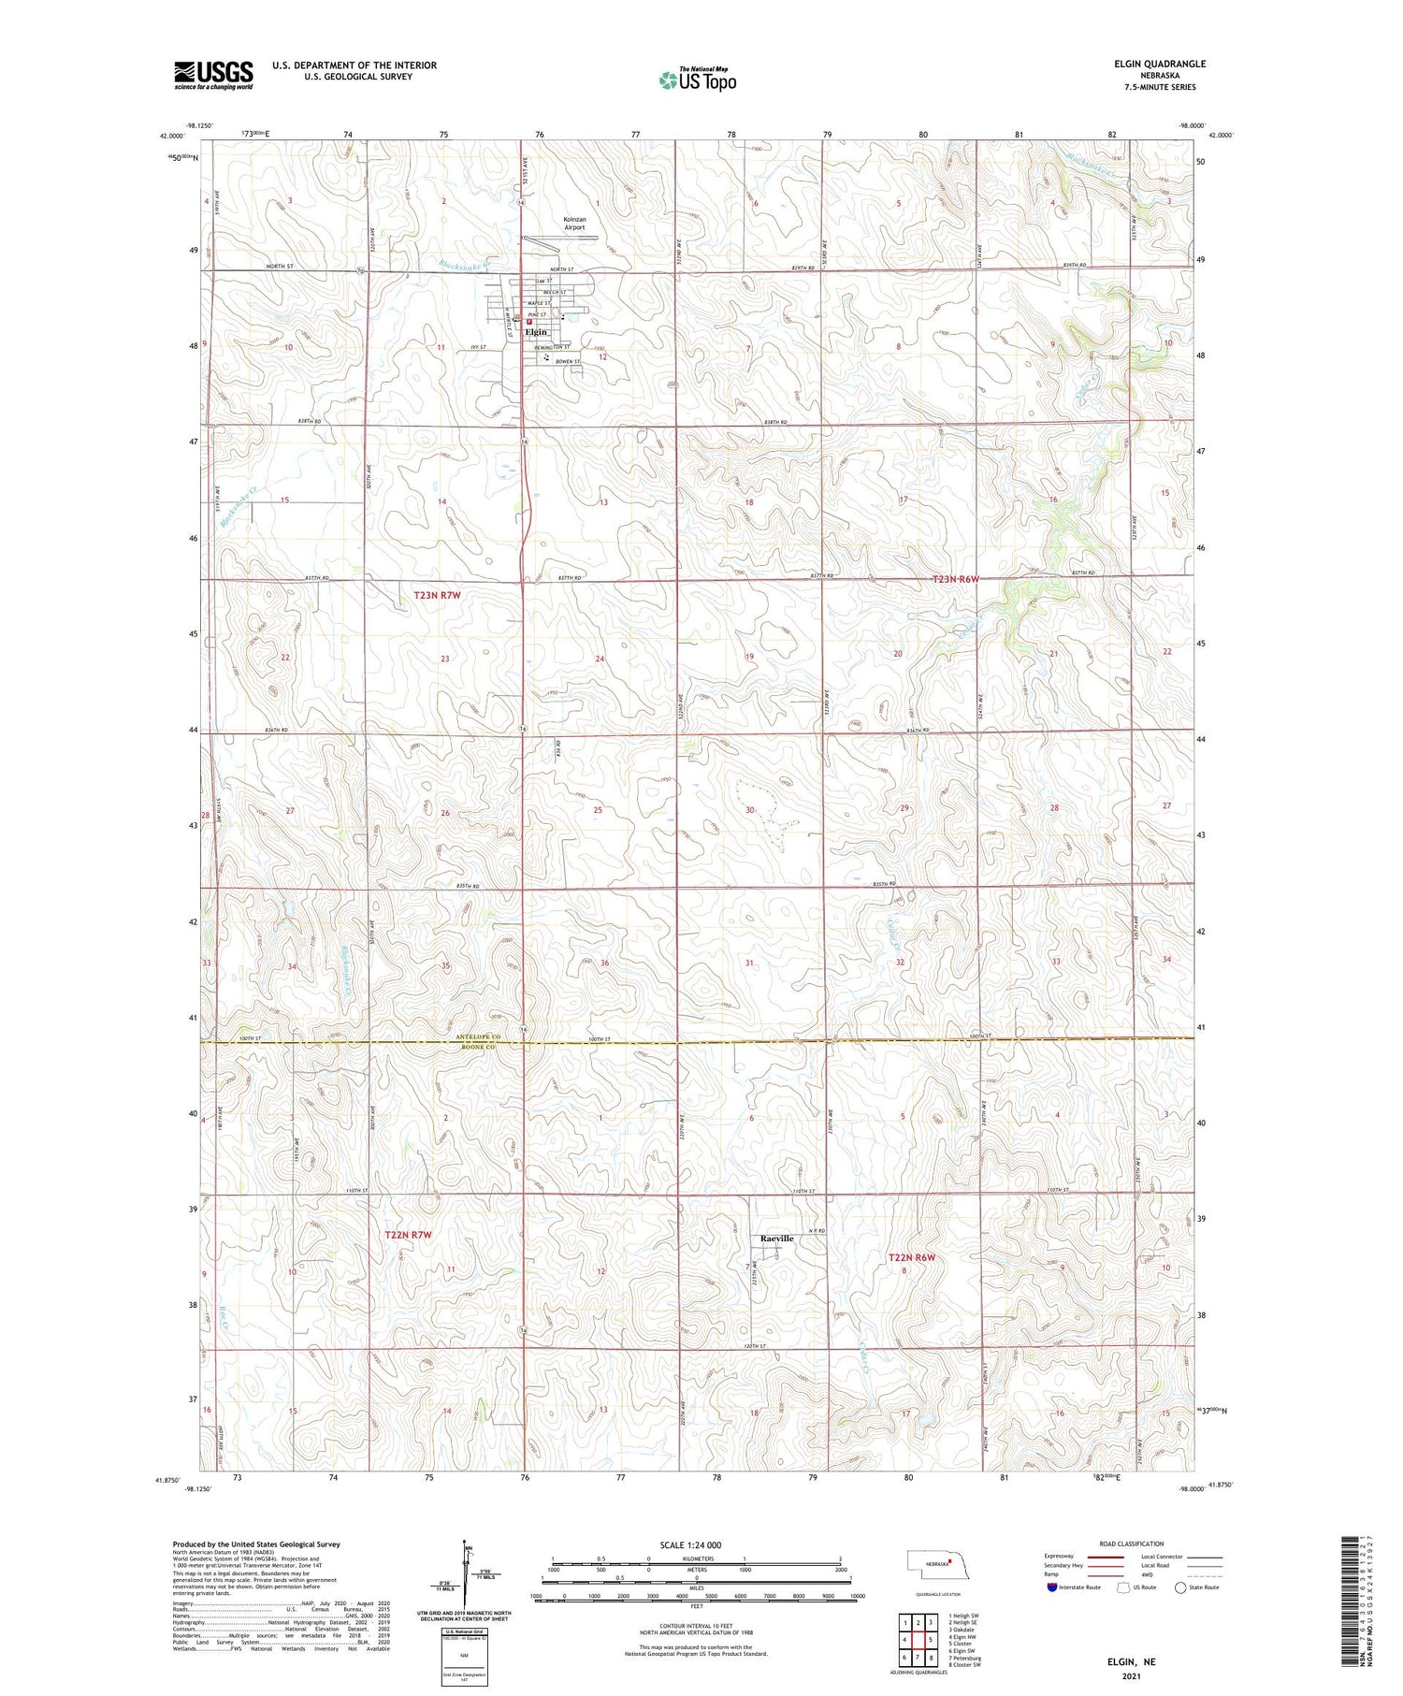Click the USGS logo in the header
point(213,75)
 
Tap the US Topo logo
point(697,80)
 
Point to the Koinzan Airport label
point(574,224)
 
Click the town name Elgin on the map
point(536,332)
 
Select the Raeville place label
point(776,1239)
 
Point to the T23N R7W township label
point(437,594)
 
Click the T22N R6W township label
point(911,1257)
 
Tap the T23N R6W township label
point(955,579)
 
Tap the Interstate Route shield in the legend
point(1051,1587)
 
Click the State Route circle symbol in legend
point(1180,1587)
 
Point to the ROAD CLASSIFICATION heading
point(1132,1544)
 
